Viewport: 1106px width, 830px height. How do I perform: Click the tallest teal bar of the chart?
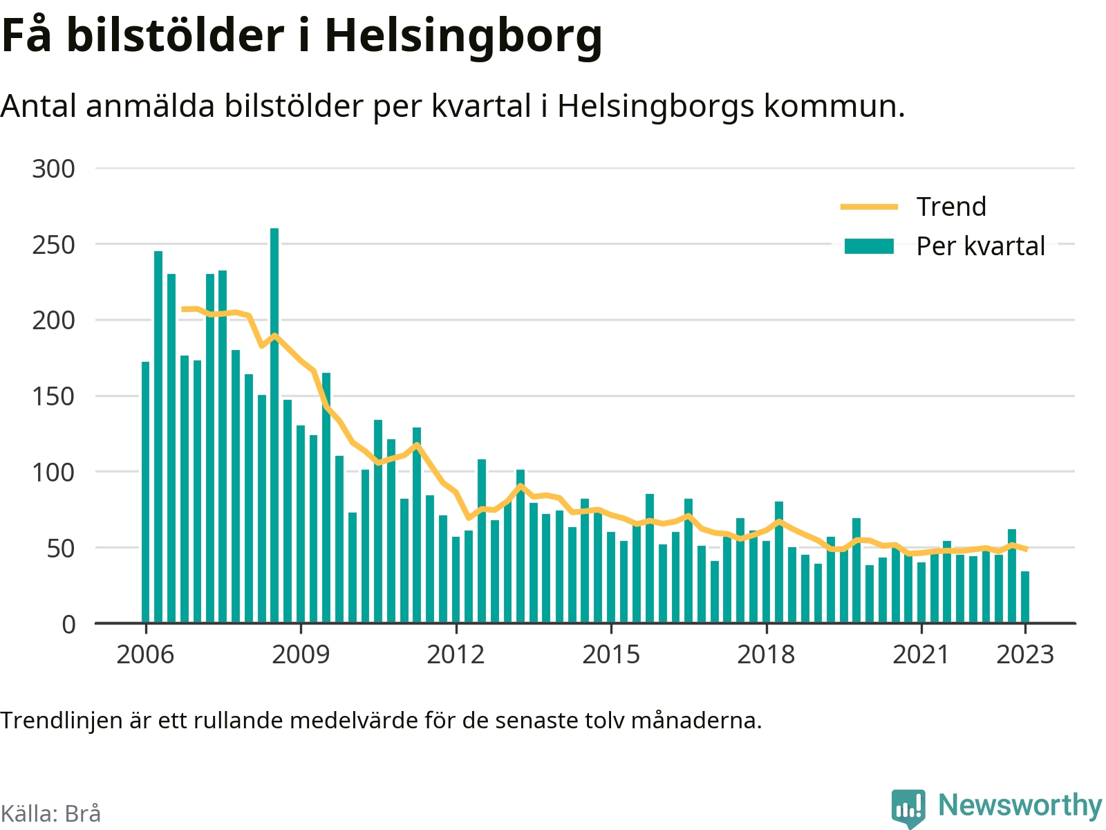pyautogui.click(x=274, y=425)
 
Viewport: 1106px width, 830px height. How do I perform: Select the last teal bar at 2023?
pyautogui.click(x=1025, y=597)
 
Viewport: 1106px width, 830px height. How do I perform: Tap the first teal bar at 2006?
pyautogui.click(x=145, y=492)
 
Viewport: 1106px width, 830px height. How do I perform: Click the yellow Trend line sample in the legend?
pyautogui.click(x=869, y=207)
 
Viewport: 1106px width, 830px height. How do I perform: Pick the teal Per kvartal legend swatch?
pyautogui.click(x=869, y=246)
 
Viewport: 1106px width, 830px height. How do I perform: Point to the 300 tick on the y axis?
pyautogui.click(x=53, y=169)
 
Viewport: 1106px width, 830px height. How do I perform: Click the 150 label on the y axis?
pyautogui.click(x=53, y=396)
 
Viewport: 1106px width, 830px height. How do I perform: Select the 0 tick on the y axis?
pyautogui.click(x=68, y=625)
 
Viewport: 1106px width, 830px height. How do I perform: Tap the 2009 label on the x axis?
pyautogui.click(x=301, y=654)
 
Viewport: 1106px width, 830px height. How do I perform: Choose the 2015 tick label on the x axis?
pyautogui.click(x=611, y=654)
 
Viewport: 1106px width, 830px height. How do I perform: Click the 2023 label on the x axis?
pyautogui.click(x=1025, y=654)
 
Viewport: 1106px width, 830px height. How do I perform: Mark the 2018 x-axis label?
pyautogui.click(x=767, y=654)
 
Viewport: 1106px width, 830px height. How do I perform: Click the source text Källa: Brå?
pyautogui.click(x=51, y=813)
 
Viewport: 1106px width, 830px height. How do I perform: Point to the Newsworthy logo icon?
pyautogui.click(x=908, y=808)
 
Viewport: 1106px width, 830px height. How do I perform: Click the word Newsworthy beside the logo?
pyautogui.click(x=1020, y=805)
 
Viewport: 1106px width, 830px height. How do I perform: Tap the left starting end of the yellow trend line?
pyautogui.click(x=182, y=309)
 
